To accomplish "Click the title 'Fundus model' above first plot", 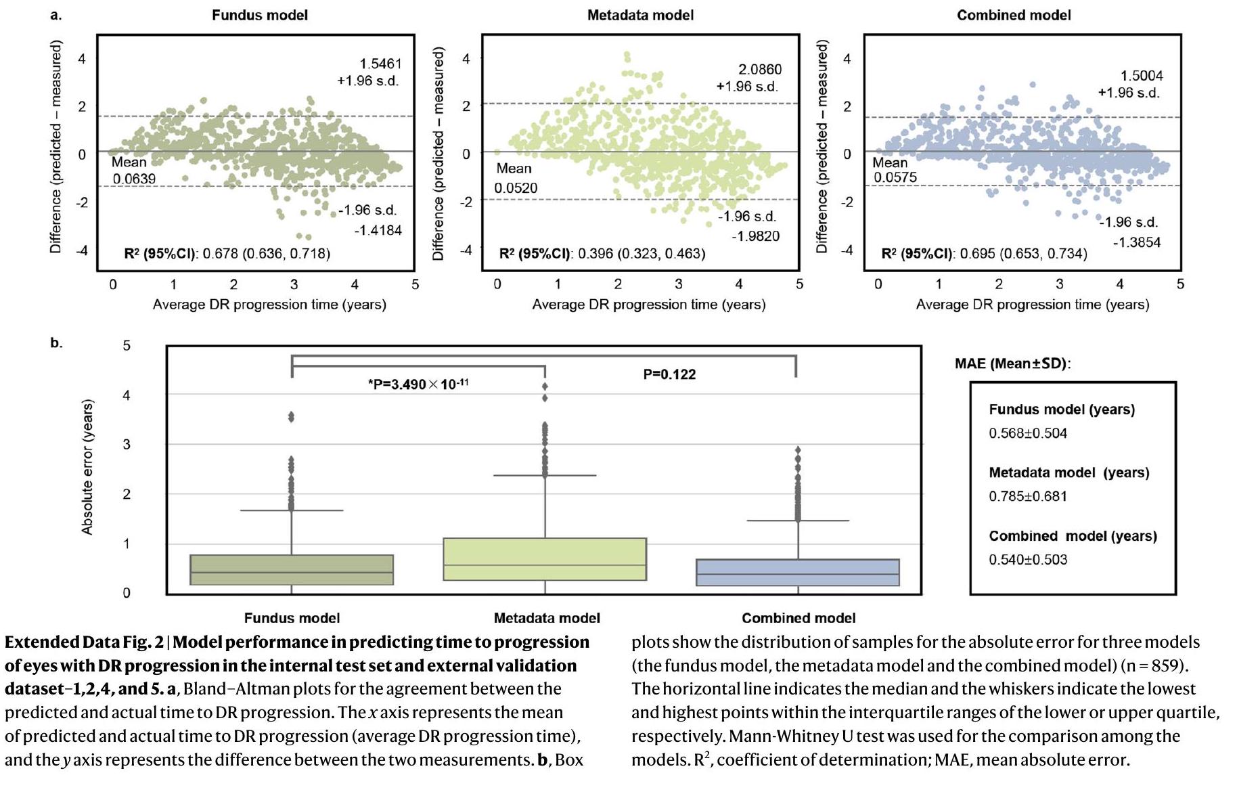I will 259,15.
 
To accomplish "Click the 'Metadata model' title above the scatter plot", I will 640,15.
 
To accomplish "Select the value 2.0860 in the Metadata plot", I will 759,69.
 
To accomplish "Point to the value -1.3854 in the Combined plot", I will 1136,242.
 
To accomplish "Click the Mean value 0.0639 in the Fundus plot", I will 134,179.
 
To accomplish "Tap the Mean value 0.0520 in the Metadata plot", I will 516,188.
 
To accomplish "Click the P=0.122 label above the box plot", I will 669,374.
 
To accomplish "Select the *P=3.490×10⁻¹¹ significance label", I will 418,384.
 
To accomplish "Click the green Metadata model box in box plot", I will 545,559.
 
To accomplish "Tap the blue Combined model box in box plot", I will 797,572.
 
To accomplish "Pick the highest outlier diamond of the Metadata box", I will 545,387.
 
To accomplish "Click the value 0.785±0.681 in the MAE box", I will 1028,496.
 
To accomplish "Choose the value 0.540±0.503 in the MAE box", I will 1028,560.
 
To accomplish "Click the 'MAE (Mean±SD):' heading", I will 1012,363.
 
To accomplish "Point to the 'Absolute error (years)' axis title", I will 87,468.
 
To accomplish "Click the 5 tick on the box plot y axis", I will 127,346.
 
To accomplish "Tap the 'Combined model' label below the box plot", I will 799,618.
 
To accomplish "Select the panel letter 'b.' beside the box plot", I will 56,343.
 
